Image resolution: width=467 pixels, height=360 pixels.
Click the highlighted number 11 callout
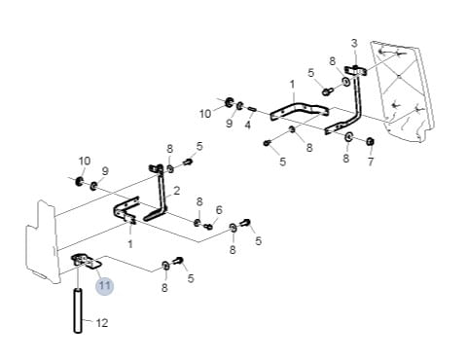104,286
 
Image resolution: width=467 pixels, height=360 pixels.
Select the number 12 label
102,323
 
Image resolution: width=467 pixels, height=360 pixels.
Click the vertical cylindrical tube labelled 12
78,310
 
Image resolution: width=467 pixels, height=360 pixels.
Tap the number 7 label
371,162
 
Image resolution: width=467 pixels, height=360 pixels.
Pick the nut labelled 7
370,141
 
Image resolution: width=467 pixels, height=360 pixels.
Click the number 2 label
177,191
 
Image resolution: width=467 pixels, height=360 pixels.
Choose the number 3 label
354,43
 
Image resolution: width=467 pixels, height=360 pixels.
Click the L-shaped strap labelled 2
162,201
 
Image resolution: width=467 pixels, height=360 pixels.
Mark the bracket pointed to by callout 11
86,261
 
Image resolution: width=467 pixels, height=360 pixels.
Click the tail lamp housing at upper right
402,90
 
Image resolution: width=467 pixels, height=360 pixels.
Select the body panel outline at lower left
43,241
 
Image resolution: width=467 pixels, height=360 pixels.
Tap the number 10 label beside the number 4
205,114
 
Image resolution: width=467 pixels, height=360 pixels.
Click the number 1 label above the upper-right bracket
292,85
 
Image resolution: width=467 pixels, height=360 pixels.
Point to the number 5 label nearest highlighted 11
191,278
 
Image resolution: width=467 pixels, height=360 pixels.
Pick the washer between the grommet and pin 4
240,106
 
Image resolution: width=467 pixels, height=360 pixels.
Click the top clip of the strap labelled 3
355,70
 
